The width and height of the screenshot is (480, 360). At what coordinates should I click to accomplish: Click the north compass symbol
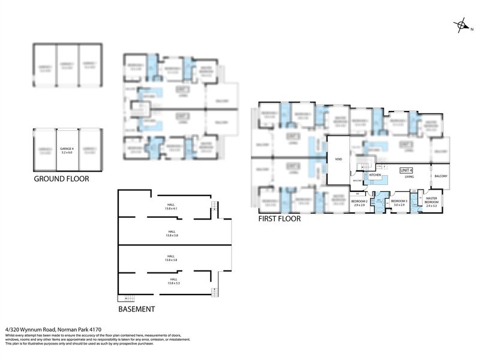click(x=462, y=25)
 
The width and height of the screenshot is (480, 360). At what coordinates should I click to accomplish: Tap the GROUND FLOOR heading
click(x=62, y=179)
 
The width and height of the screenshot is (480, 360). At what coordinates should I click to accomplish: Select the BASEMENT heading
click(x=136, y=310)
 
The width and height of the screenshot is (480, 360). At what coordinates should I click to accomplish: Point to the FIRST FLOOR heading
click(x=279, y=219)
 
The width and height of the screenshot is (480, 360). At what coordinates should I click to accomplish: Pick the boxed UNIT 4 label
click(x=407, y=170)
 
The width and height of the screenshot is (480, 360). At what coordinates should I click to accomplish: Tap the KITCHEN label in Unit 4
click(x=376, y=175)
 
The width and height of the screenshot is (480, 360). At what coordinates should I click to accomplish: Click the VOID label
click(x=338, y=160)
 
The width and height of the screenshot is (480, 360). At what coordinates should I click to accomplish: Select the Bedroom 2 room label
click(x=359, y=203)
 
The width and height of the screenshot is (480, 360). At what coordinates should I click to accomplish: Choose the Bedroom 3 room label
click(x=399, y=203)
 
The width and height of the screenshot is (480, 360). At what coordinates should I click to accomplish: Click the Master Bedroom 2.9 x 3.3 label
click(x=432, y=202)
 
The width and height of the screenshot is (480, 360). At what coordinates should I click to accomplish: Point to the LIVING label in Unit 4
click(x=410, y=177)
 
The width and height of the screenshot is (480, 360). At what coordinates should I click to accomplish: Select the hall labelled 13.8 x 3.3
click(x=173, y=281)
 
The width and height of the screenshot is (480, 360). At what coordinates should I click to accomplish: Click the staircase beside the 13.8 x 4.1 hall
click(x=214, y=208)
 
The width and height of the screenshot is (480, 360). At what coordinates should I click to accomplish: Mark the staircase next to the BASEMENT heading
click(x=128, y=299)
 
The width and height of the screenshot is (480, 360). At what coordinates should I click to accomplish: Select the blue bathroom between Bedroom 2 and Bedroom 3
click(x=379, y=201)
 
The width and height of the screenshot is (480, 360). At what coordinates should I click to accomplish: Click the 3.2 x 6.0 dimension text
click(x=66, y=153)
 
